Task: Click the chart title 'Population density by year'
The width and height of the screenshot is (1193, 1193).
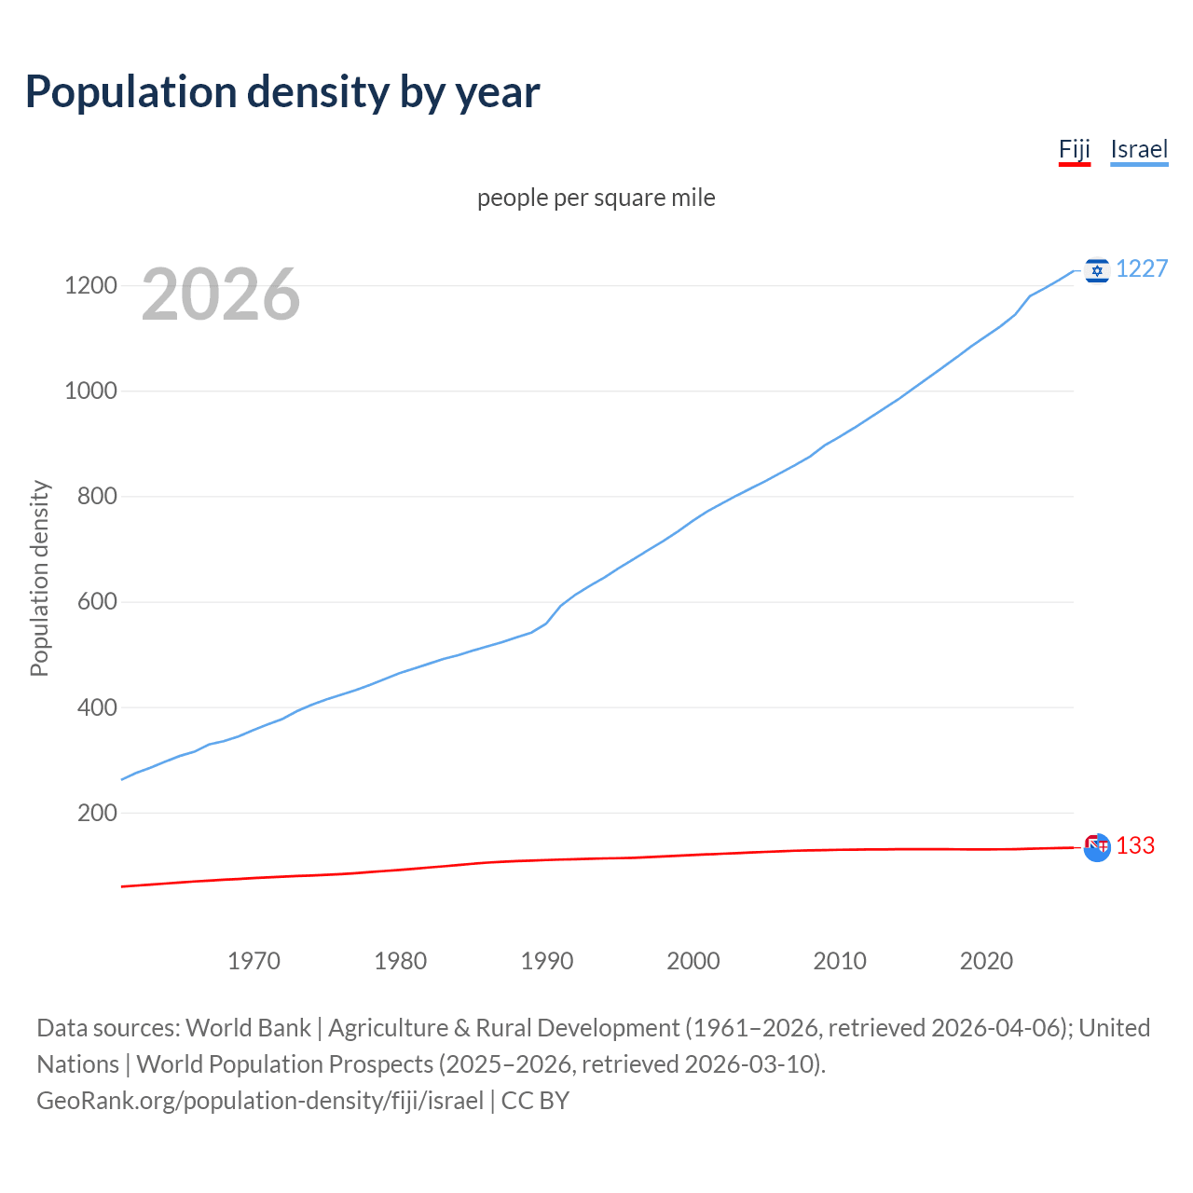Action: pos(282,92)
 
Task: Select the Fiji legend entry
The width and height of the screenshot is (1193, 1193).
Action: pos(1074,150)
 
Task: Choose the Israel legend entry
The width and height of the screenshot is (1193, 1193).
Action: pos(1139,150)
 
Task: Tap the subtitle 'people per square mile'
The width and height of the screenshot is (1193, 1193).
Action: pos(596,199)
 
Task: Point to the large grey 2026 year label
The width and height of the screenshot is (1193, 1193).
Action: pos(221,295)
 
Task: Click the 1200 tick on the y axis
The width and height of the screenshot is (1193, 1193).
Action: pos(90,286)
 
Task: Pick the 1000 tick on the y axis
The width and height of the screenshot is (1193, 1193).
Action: pos(90,391)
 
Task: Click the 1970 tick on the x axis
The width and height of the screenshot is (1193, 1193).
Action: pos(254,961)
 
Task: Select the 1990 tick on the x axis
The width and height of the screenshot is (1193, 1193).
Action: pos(547,961)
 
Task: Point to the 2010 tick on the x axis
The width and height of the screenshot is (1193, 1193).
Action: pos(840,961)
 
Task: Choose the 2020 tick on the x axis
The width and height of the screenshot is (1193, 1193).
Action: pos(986,961)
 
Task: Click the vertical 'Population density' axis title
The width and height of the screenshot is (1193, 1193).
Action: pos(39,578)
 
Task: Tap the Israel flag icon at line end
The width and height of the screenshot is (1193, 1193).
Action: pos(1097,270)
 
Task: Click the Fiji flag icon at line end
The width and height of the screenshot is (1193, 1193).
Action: pos(1097,846)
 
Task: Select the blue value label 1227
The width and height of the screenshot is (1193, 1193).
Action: pos(1142,269)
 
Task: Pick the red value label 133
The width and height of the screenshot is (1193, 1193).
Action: pos(1135,846)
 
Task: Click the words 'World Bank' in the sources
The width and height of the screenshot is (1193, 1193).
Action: pos(248,1028)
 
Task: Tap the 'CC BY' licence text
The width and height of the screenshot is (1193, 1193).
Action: pos(535,1101)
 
